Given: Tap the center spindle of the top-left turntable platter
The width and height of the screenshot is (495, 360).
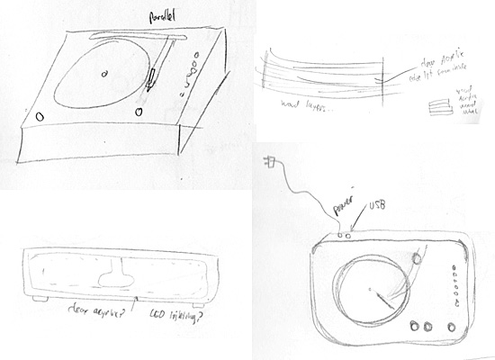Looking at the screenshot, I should tap(103, 73).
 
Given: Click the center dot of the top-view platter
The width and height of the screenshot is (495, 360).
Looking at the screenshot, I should tap(368, 289).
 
